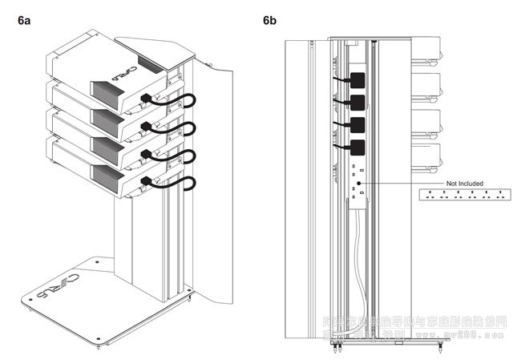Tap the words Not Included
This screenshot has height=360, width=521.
coord(464,184)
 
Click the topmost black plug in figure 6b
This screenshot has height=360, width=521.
coord(357,79)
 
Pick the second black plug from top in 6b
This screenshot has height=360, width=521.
coord(357,101)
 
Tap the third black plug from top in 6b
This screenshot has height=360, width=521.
coord(357,124)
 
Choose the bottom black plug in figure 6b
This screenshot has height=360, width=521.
coord(357,147)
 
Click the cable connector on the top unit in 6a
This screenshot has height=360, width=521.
coord(146,99)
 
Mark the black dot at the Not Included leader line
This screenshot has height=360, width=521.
coord(360,183)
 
